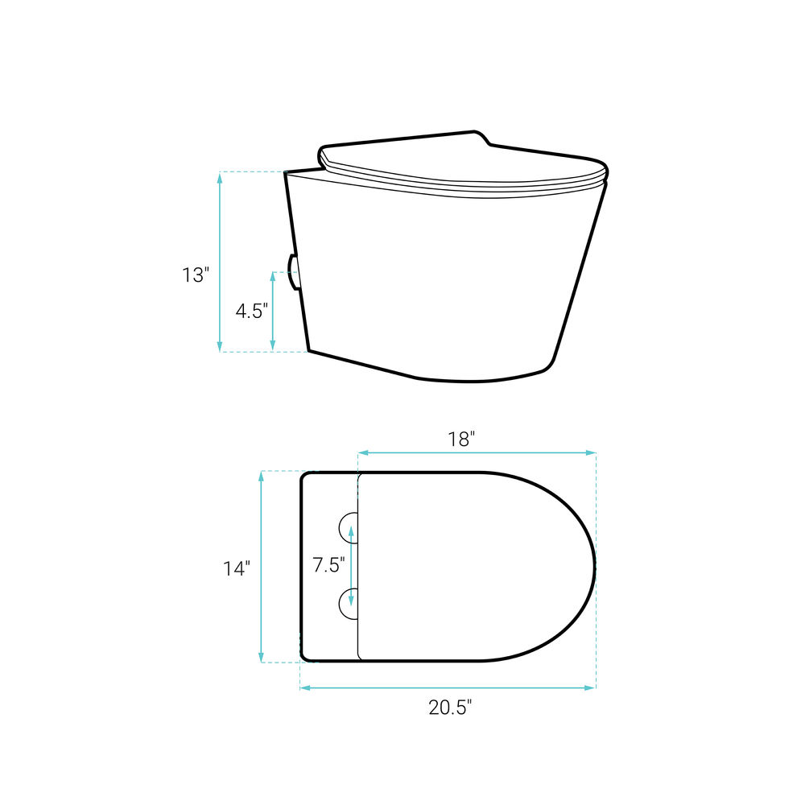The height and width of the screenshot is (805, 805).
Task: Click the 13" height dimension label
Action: (196, 275)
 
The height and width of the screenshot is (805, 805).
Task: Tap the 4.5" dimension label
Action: (251, 311)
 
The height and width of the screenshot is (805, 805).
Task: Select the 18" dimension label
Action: (461, 440)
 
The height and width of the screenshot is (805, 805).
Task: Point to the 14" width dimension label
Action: (237, 568)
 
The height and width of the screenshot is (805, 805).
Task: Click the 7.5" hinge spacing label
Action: (328, 565)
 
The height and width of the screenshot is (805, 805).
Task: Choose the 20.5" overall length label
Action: (450, 708)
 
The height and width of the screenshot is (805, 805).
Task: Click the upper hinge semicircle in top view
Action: (349, 527)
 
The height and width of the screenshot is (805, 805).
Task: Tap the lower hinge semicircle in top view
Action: (349, 604)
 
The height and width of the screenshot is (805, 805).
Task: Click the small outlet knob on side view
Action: (294, 272)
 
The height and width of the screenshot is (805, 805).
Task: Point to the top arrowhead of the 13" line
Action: (220, 178)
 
